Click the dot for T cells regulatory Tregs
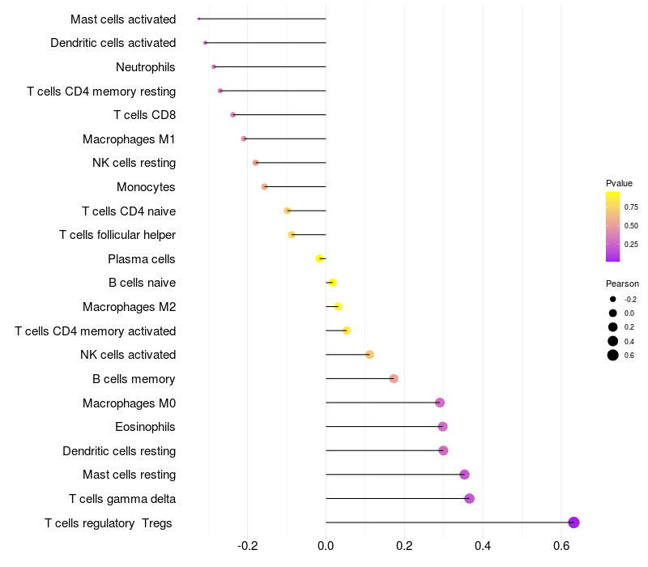click(x=573, y=522)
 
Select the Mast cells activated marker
click(x=198, y=19)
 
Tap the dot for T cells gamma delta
click(x=469, y=498)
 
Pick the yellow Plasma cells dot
click(x=319, y=258)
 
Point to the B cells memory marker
click(x=394, y=378)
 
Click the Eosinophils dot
click(x=442, y=426)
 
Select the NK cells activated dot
click(x=369, y=355)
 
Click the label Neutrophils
click(x=146, y=66)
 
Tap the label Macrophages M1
click(x=129, y=139)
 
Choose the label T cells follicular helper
click(x=117, y=235)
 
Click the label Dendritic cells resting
click(x=119, y=450)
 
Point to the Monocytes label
click(x=146, y=187)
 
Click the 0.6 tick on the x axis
click(x=561, y=547)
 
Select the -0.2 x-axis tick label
click(x=247, y=547)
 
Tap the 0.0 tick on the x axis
click(x=326, y=547)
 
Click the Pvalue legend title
click(x=619, y=183)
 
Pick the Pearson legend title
click(x=622, y=283)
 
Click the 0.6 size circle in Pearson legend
click(x=613, y=355)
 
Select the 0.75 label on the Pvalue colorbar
click(x=631, y=207)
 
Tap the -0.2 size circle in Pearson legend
click(x=613, y=299)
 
